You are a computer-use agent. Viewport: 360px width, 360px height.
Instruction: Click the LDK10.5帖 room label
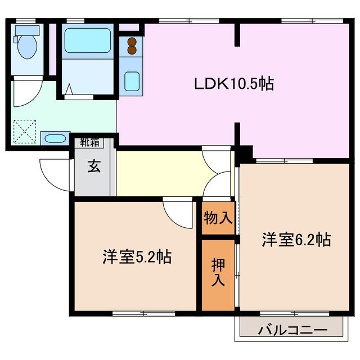point(234,84)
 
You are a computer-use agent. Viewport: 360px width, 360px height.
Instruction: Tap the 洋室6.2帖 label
point(295,240)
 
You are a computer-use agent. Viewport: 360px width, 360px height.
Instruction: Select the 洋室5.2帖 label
point(137,257)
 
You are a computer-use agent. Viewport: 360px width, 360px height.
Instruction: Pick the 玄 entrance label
point(94,167)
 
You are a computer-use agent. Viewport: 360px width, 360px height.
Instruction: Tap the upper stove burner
point(132,41)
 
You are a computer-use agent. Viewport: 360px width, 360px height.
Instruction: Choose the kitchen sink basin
point(132,81)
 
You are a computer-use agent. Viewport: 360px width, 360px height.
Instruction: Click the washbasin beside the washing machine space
point(55,139)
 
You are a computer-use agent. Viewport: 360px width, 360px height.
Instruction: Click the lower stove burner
point(132,50)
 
